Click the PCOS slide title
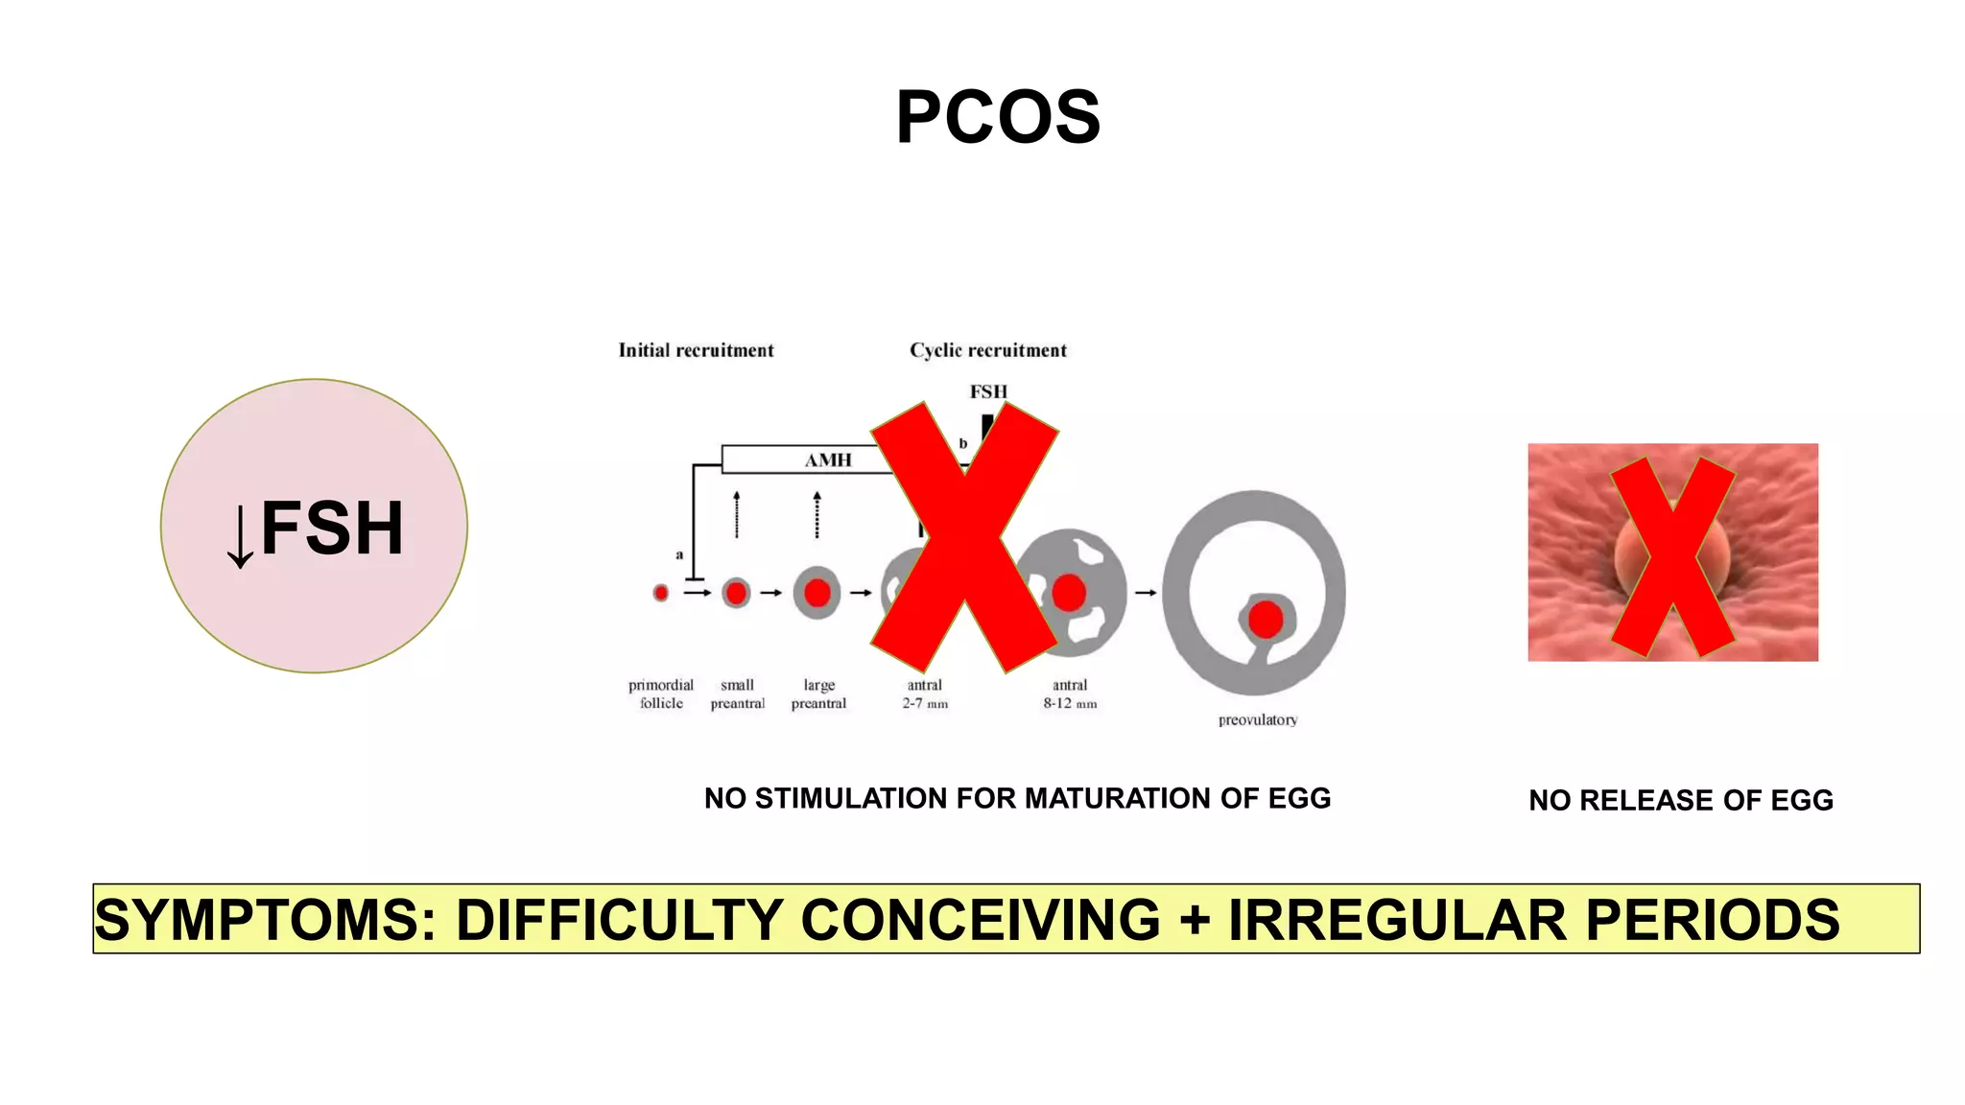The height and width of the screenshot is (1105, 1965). click(x=998, y=117)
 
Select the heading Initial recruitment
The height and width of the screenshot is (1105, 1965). click(x=696, y=350)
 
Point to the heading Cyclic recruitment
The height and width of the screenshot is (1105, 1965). click(x=988, y=350)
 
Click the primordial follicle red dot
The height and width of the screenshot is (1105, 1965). click(x=661, y=593)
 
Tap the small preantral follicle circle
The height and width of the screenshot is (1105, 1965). click(x=736, y=593)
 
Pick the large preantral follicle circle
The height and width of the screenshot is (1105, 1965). click(x=817, y=593)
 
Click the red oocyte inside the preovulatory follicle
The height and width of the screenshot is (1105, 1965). click(x=1266, y=620)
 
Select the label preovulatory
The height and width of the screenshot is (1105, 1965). click(x=1258, y=719)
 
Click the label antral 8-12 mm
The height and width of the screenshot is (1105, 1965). click(x=1070, y=694)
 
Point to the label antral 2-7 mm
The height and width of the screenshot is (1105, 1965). click(x=925, y=694)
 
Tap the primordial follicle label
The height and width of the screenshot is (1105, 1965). click(x=661, y=694)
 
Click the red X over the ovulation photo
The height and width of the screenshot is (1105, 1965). click(x=1672, y=556)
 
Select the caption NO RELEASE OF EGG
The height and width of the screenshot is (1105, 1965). click(x=1681, y=800)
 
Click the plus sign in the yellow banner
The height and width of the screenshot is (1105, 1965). click(x=1195, y=919)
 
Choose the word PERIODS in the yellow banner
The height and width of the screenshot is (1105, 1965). click(x=1713, y=919)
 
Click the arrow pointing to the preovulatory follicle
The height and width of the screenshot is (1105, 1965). click(x=1146, y=593)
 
